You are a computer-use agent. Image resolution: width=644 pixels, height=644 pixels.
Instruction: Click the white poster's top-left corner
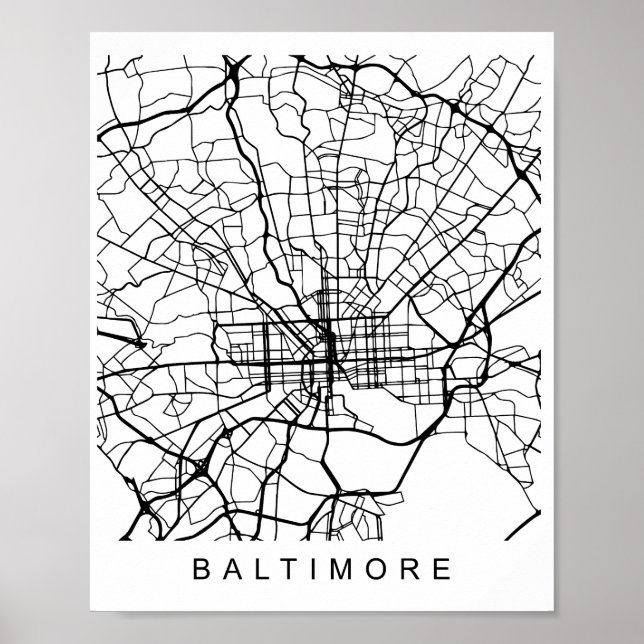(x=92, y=35)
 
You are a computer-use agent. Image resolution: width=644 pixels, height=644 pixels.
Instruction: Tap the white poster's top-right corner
(x=551, y=35)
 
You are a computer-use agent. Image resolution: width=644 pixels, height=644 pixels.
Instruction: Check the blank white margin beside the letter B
(x=140, y=572)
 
